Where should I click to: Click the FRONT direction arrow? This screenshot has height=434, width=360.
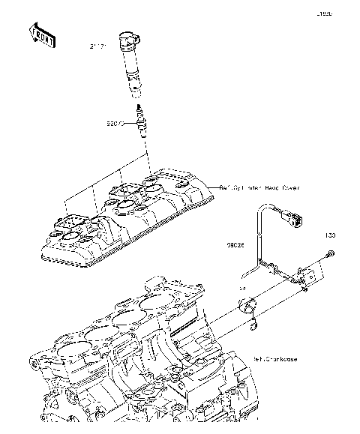click(40, 36)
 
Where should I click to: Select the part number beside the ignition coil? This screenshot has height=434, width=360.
click(98, 46)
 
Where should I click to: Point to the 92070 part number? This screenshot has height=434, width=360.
click(115, 121)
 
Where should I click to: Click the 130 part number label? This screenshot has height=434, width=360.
click(330, 236)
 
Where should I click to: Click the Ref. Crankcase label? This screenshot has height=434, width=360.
click(274, 359)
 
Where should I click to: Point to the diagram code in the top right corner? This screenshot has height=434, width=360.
click(323, 13)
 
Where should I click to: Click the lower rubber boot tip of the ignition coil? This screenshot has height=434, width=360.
click(136, 92)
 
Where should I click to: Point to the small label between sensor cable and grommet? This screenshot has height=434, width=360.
click(241, 287)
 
